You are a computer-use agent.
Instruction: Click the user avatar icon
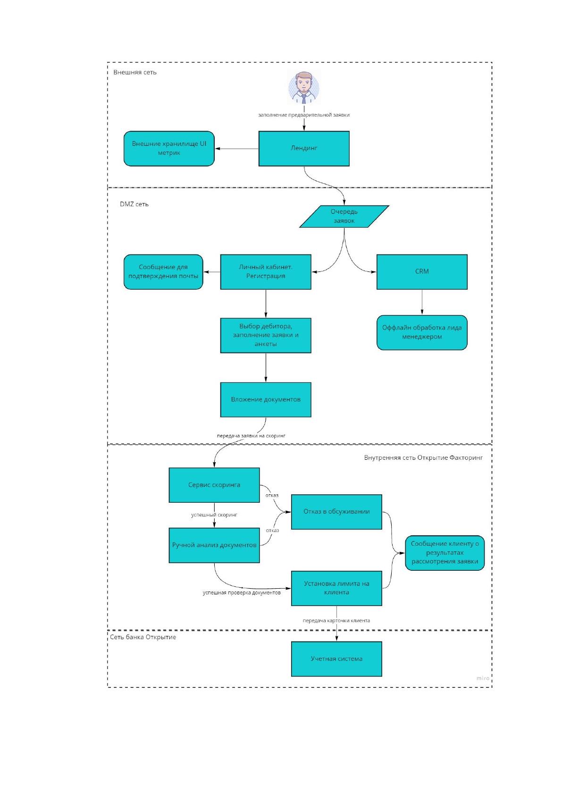[x=304, y=87]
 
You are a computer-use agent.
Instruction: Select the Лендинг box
[x=304, y=149]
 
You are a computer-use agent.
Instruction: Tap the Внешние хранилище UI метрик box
[x=169, y=149]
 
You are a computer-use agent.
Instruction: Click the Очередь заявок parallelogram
[x=344, y=217]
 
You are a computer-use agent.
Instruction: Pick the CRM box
[x=422, y=272]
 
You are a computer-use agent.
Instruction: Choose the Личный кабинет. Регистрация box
[x=266, y=272]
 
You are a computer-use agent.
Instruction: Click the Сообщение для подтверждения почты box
[x=163, y=272]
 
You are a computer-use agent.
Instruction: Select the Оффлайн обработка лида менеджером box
[x=422, y=332]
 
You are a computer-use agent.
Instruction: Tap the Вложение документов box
[x=266, y=400]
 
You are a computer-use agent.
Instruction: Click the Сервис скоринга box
[x=214, y=485]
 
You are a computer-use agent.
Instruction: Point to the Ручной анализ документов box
[x=214, y=545]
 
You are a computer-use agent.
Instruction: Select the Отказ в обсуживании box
[x=337, y=512]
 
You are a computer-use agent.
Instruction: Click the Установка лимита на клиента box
[x=337, y=588]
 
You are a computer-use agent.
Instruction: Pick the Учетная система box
[x=337, y=659]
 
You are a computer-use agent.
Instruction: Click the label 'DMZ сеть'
[x=134, y=204]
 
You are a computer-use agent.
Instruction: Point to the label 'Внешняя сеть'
[x=135, y=72]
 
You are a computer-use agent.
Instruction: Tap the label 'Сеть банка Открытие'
[x=143, y=637]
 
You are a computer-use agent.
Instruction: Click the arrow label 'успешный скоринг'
[x=214, y=515]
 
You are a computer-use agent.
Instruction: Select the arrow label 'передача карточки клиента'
[x=336, y=620]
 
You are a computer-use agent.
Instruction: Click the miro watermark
[x=483, y=678]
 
